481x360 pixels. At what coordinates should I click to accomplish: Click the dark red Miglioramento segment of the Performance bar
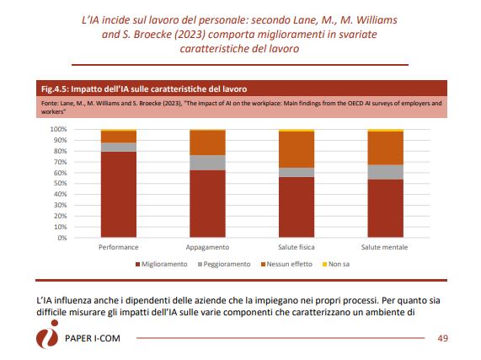[119, 194]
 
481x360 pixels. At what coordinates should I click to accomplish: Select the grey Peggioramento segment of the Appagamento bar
[208, 163]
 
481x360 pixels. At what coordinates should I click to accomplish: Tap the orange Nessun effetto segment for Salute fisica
[297, 149]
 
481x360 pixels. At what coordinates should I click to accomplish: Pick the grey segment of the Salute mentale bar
[386, 172]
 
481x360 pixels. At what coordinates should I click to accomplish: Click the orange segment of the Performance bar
[119, 137]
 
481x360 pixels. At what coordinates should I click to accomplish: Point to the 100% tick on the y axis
[58, 129]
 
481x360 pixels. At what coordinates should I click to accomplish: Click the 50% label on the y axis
[61, 183]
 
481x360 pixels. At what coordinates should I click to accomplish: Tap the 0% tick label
[62, 238]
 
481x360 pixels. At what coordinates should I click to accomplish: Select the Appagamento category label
[207, 247]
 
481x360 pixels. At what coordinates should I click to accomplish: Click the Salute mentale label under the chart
[384, 247]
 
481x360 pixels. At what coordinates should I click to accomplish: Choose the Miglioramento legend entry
[162, 264]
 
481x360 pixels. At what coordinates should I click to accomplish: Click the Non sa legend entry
[336, 264]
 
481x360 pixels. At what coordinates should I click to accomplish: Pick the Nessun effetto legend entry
[286, 264]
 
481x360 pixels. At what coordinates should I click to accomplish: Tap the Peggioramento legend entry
[224, 264]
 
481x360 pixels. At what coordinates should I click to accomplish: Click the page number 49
[442, 338]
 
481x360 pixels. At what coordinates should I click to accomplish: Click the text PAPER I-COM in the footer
[93, 338]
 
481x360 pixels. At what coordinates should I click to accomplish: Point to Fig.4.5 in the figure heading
[54, 89]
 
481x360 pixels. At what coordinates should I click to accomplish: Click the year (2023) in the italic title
[190, 35]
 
